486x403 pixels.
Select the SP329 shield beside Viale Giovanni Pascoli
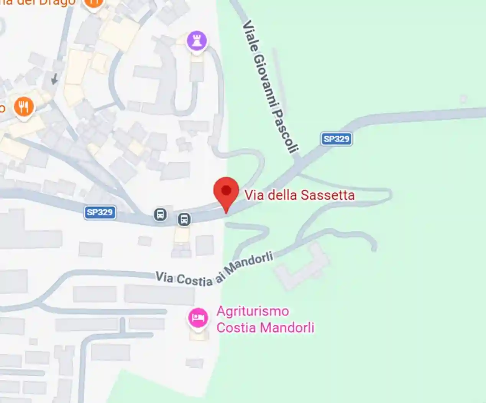coord(336,139)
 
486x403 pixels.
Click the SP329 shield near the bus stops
coord(100,212)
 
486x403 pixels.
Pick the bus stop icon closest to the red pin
coord(184,220)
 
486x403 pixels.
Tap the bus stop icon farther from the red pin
coord(160,214)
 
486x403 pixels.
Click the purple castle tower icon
coord(197,41)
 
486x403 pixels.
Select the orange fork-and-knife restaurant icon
coord(24,107)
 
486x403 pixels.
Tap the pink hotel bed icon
coord(198,318)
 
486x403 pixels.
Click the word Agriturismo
coord(253,311)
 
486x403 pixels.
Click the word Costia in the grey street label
coord(194,281)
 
